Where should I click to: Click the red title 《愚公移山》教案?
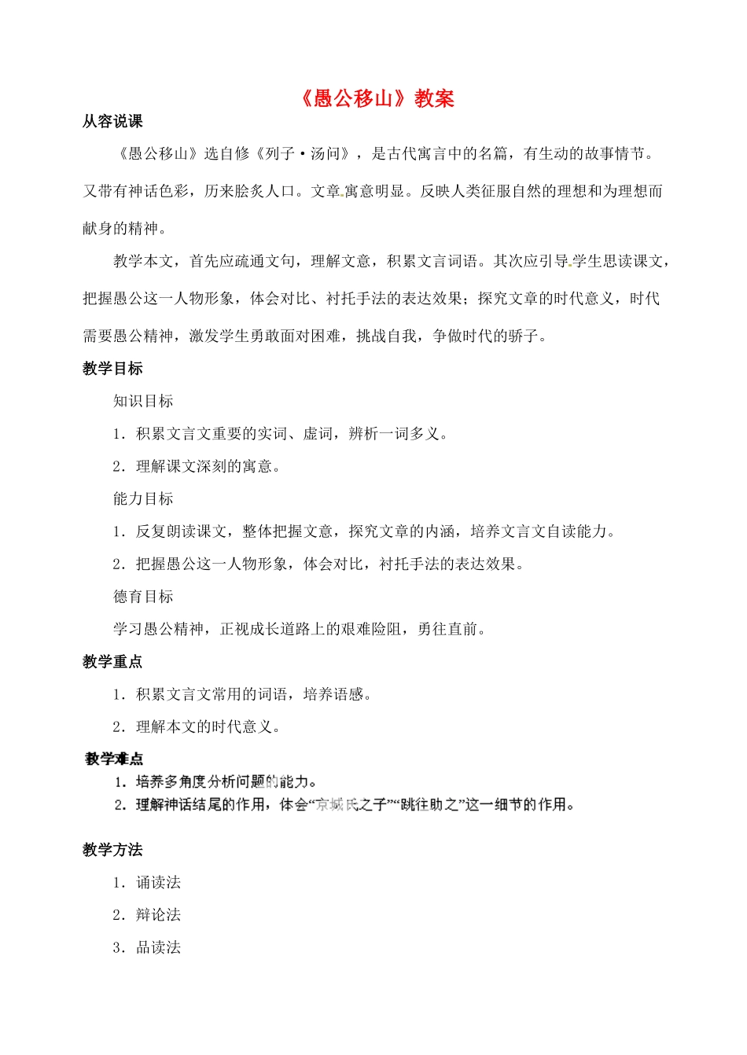pos(377,98)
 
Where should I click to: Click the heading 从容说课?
pos(112,121)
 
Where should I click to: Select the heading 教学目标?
pos(112,369)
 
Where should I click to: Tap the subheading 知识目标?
pos(143,401)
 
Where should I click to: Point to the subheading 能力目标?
pos(143,498)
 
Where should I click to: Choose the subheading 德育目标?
pos(143,597)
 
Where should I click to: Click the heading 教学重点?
pos(112,662)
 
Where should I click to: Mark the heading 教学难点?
pos(114,759)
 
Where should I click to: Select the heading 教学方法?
pos(112,850)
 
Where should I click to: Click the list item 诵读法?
pos(158,883)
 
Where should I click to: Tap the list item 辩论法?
pos(158,915)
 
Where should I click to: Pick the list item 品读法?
pos(158,948)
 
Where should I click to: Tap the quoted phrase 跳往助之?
pos(429,804)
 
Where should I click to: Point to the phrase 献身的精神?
pos(120,228)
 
